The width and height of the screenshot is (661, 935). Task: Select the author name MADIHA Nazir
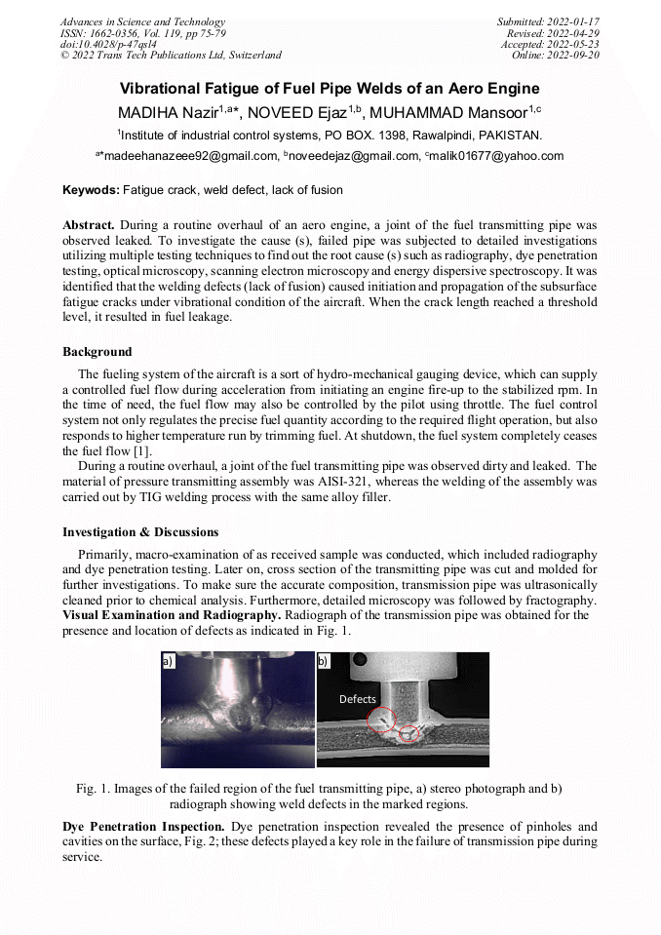pyautogui.click(x=168, y=112)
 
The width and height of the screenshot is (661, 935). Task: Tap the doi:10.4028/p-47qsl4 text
pyautogui.click(x=104, y=44)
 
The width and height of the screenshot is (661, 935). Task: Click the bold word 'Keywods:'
pyautogui.click(x=92, y=190)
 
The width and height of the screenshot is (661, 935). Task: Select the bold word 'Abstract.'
pyautogui.click(x=89, y=224)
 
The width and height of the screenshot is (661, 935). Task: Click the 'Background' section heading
pyautogui.click(x=97, y=351)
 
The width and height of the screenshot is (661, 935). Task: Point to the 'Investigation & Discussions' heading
pyautogui.click(x=140, y=532)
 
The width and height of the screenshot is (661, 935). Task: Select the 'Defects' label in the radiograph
pyautogui.click(x=357, y=699)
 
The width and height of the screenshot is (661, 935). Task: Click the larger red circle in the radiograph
pyautogui.click(x=380, y=721)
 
